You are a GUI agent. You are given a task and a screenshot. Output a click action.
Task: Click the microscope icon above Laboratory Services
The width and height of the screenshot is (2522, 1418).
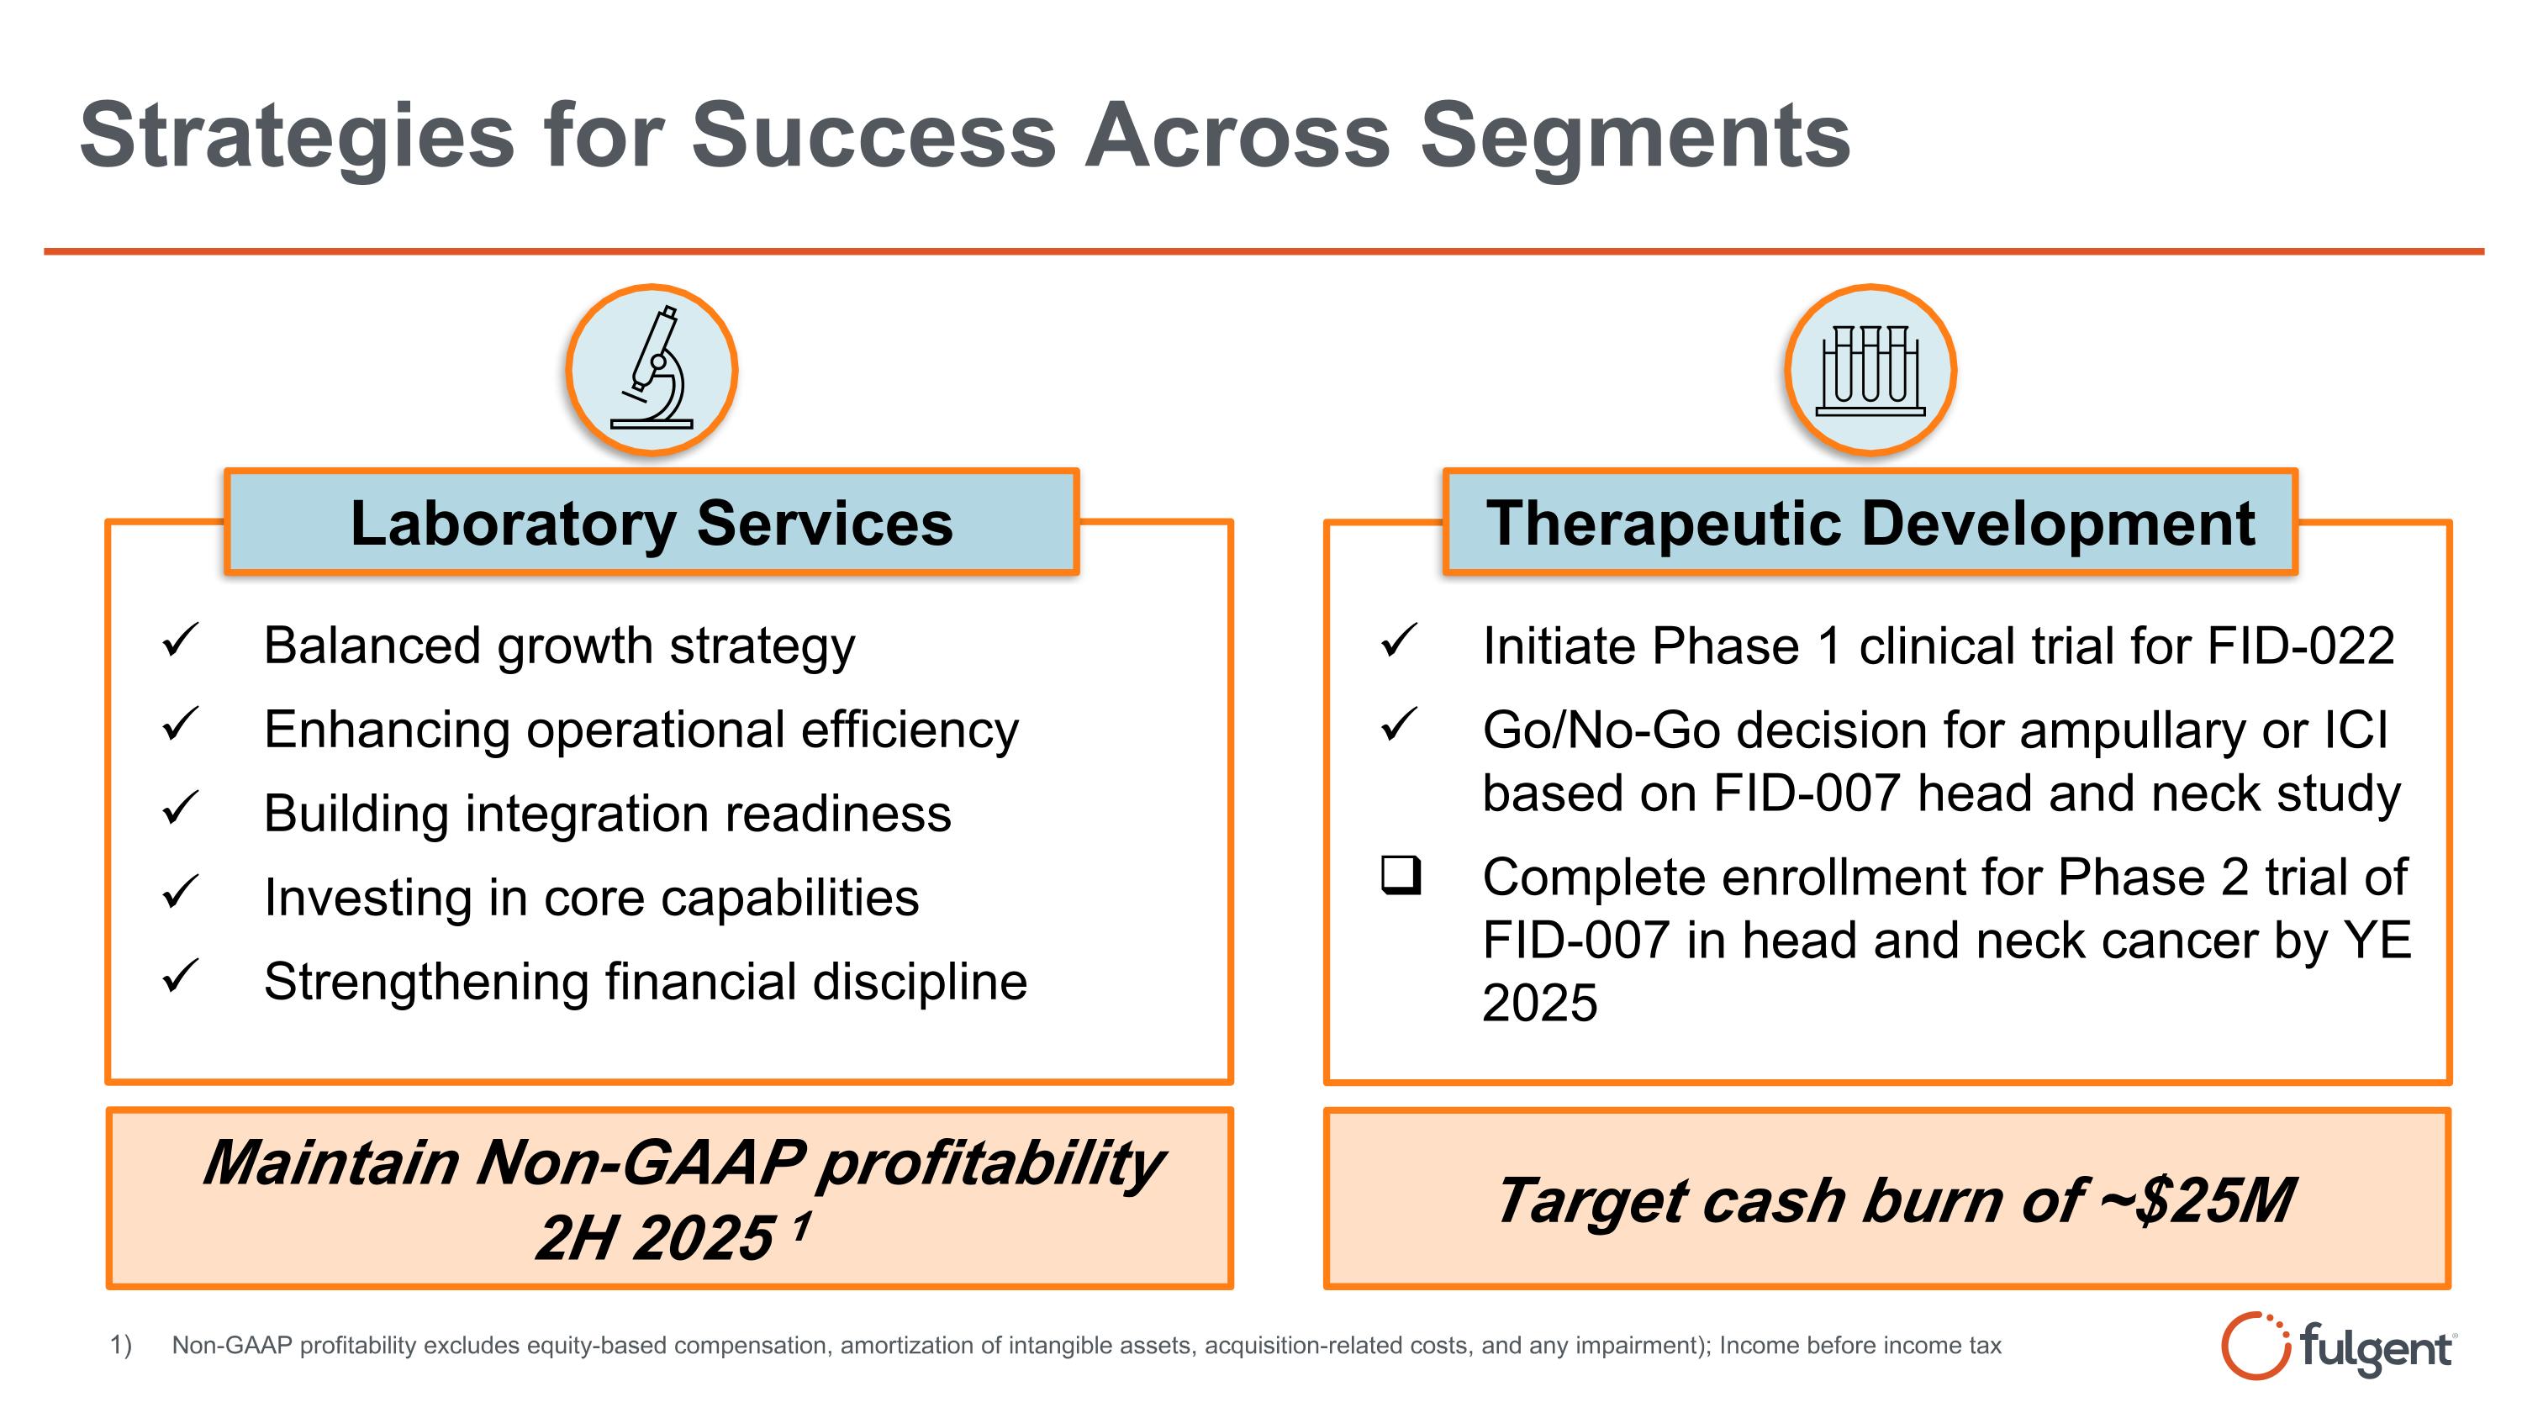click(x=651, y=370)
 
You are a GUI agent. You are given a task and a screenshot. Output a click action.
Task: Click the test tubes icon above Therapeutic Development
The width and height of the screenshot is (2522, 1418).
click(x=1870, y=370)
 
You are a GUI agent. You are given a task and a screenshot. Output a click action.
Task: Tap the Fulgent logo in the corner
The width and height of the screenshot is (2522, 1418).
click(x=2338, y=1347)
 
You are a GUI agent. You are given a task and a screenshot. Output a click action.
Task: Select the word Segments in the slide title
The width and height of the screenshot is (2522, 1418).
click(x=1634, y=137)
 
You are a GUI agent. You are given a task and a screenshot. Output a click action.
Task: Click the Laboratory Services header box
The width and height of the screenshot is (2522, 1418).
click(x=651, y=523)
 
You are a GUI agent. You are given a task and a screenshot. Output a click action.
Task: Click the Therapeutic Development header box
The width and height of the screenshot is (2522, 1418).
click(x=1870, y=523)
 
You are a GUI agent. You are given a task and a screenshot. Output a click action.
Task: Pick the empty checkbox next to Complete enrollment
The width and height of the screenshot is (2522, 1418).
click(x=1400, y=875)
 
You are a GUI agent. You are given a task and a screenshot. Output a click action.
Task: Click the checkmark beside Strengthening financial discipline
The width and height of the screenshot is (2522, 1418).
click(x=180, y=976)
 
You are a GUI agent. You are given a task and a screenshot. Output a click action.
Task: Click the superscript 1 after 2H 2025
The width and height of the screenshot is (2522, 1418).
click(x=801, y=1226)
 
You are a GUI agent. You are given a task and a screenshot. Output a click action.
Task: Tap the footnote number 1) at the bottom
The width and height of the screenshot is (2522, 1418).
click(x=120, y=1346)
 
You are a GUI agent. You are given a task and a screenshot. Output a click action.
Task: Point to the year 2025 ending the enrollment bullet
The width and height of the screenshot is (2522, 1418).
click(x=1539, y=1003)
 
